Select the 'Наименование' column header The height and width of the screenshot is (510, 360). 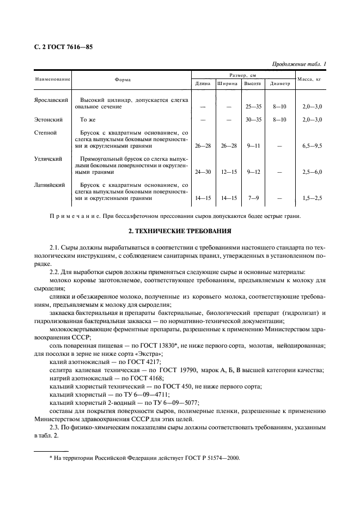point(53,80)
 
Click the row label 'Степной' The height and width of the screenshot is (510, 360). point(46,132)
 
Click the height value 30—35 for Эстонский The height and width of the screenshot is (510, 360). point(253,119)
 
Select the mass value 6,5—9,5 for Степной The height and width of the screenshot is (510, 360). point(312,146)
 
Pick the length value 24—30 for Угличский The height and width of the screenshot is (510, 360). point(203,172)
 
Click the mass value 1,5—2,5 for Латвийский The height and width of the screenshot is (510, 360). point(312,199)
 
